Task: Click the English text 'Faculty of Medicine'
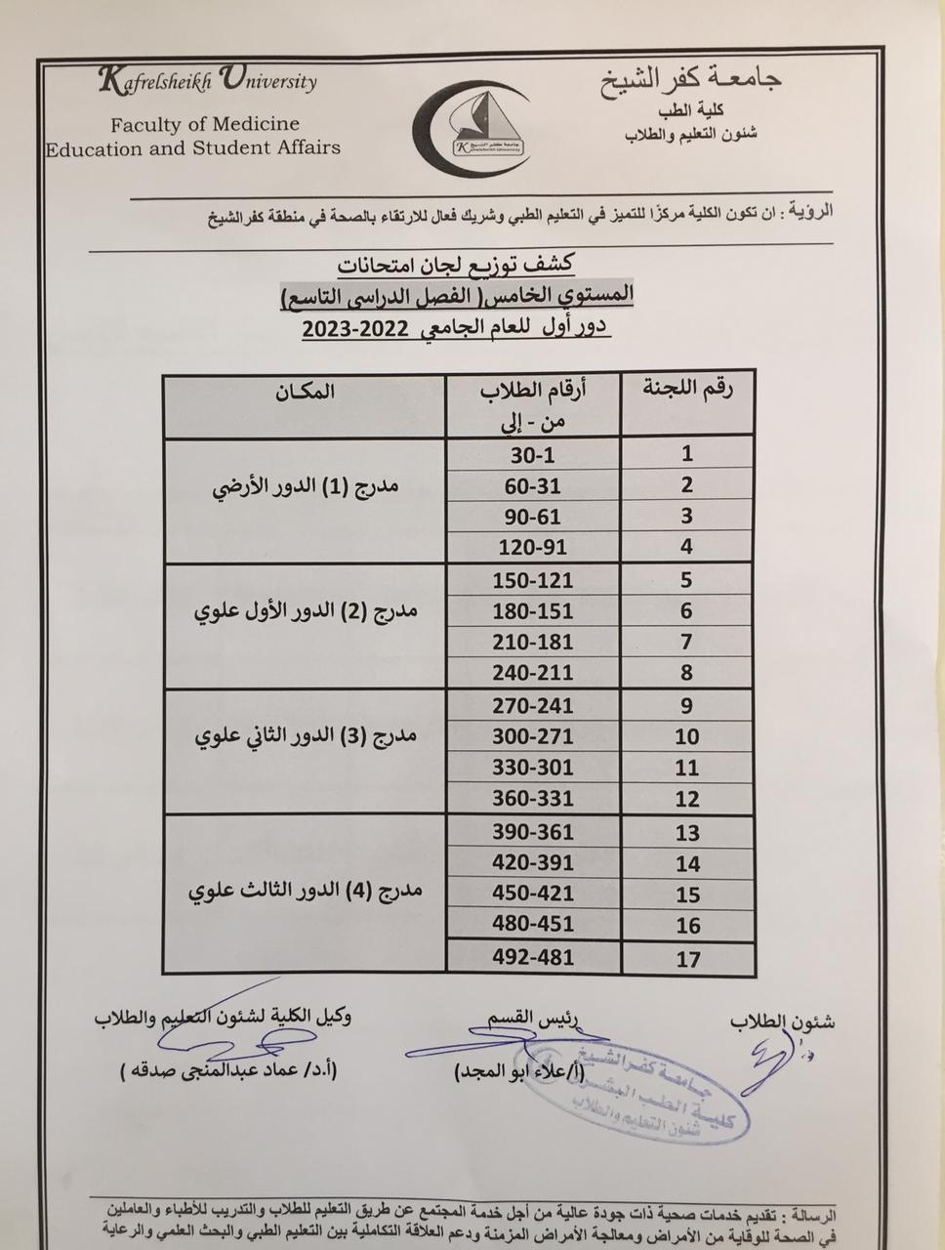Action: point(204,124)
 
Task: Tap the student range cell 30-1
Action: point(532,455)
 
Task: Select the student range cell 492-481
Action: point(532,957)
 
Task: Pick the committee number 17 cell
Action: point(688,958)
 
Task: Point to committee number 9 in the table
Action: point(687,706)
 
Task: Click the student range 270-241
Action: point(532,706)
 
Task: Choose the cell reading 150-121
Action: point(532,581)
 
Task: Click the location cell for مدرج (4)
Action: point(305,892)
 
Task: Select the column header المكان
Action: point(305,393)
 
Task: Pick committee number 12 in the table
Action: point(687,799)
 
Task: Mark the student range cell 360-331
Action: point(532,798)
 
